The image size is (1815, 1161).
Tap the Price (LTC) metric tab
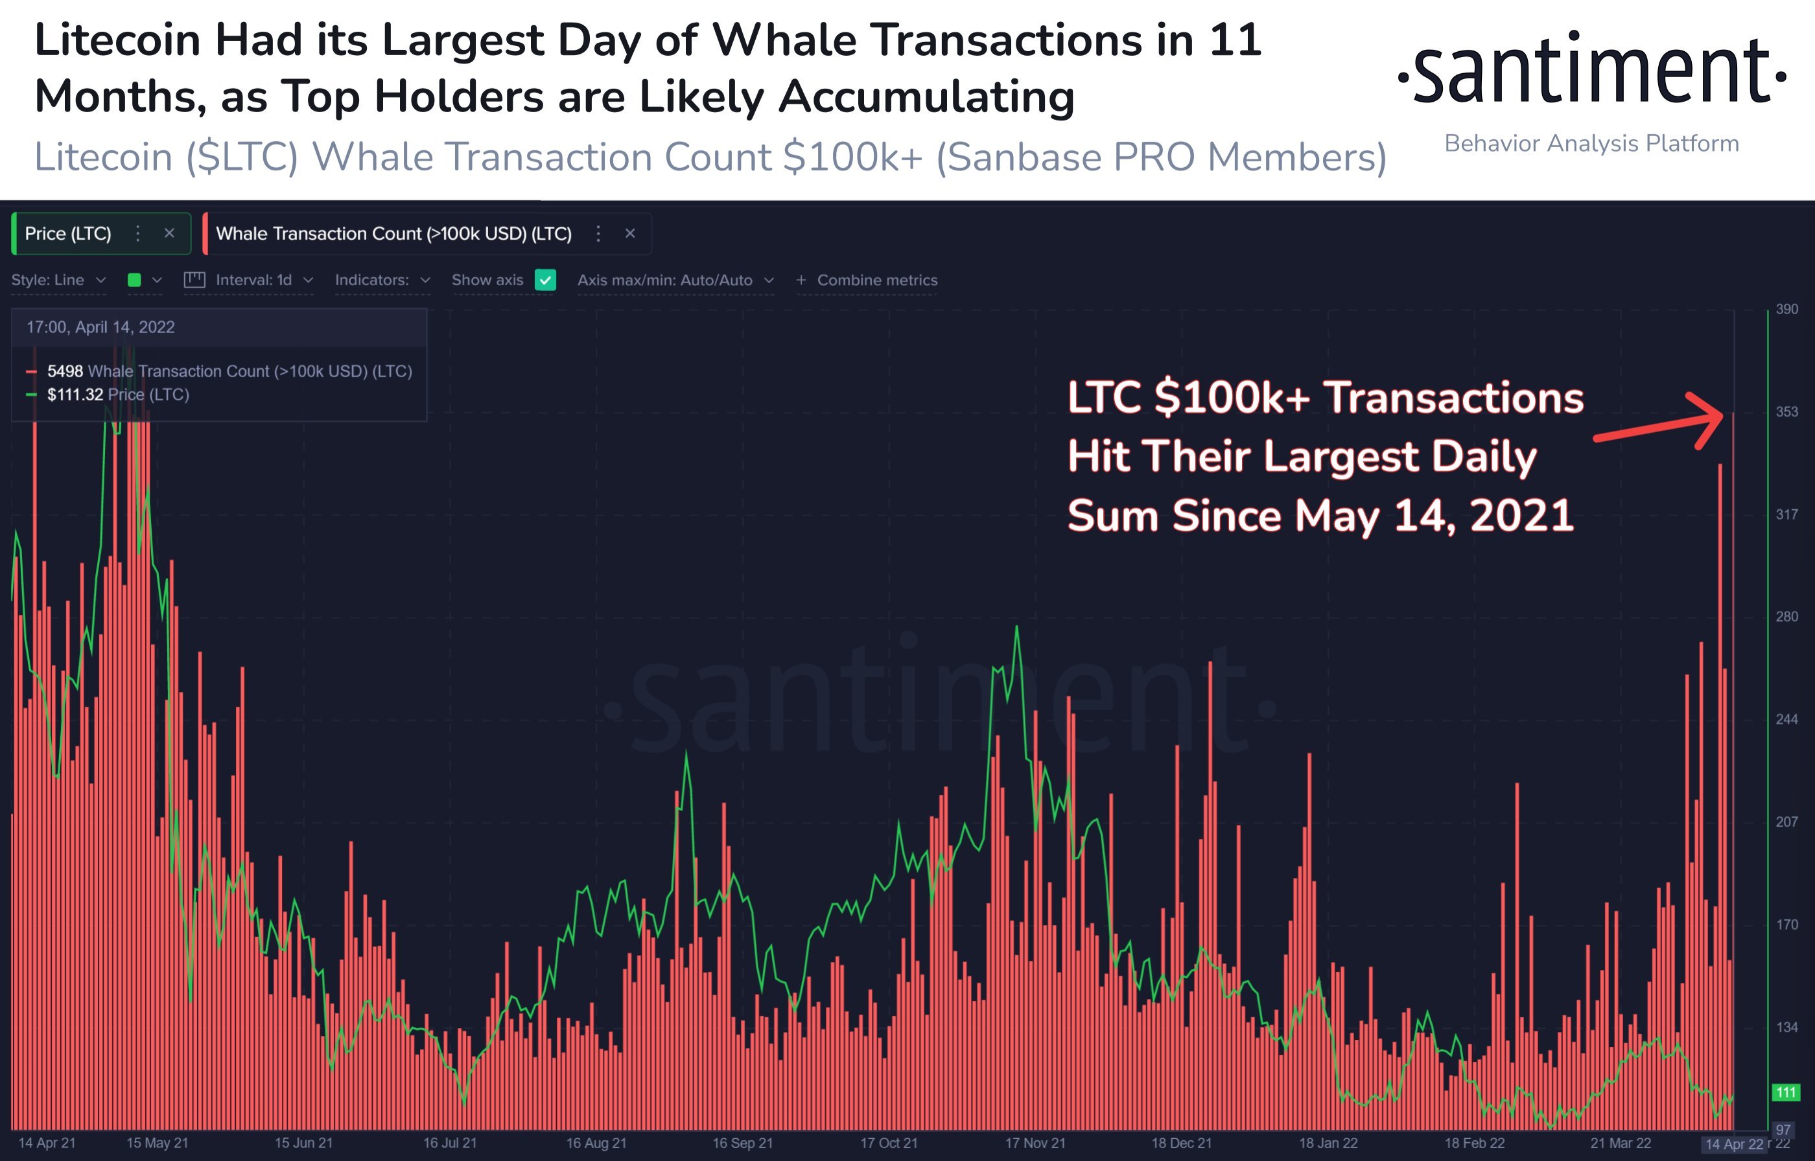click(68, 234)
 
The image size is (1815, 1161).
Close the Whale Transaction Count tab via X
click(630, 234)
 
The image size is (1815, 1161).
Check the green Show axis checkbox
click(545, 280)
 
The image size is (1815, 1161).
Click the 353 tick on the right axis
click(1786, 411)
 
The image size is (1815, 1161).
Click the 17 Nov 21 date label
click(1035, 1143)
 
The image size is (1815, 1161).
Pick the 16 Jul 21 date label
click(449, 1143)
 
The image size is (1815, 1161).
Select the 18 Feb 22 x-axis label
click(1474, 1143)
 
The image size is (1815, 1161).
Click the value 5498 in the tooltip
click(65, 371)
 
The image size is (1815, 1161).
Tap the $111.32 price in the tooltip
click(75, 395)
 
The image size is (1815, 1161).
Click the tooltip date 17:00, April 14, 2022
click(100, 327)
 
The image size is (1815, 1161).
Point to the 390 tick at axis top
click(1786, 309)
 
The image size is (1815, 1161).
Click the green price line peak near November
click(1016, 627)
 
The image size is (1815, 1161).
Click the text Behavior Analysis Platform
click(1591, 143)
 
